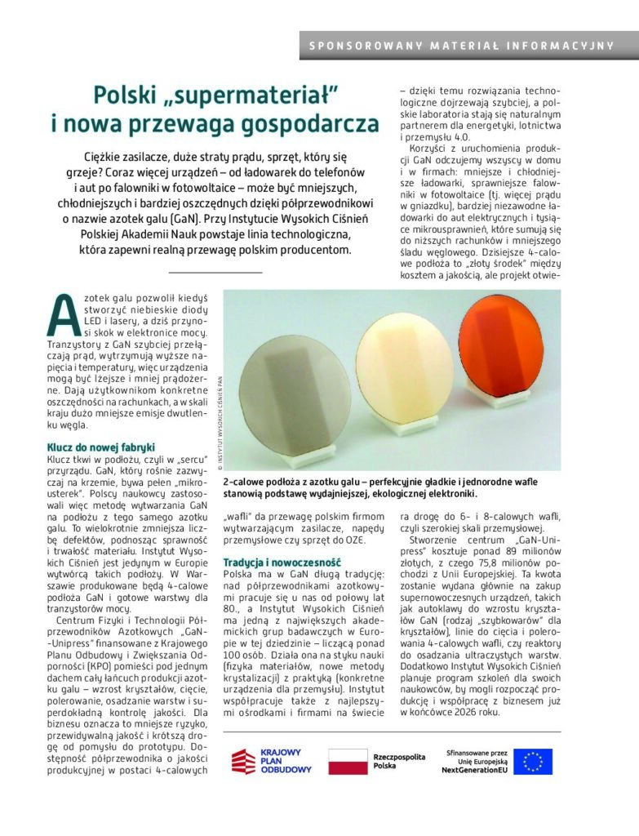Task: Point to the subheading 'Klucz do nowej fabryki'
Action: [100, 447]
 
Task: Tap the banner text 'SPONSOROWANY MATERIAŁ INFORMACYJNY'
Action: [462, 46]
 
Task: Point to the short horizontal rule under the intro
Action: [215, 271]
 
